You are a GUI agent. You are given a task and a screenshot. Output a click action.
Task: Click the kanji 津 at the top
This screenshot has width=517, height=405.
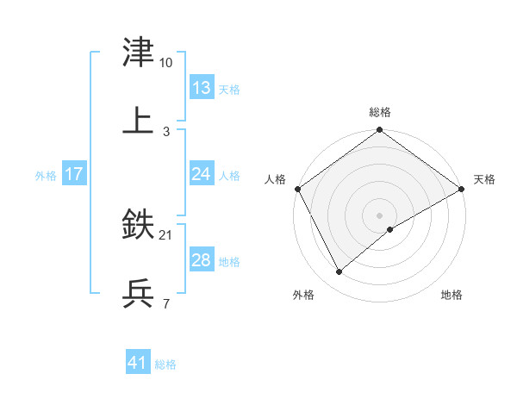(x=139, y=53)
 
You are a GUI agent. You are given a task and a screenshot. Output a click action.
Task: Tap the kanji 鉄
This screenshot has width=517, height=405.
(x=139, y=226)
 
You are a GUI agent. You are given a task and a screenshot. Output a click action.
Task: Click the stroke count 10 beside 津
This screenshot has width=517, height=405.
(x=166, y=63)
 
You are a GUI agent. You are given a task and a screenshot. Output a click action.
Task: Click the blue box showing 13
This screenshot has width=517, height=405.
(x=201, y=88)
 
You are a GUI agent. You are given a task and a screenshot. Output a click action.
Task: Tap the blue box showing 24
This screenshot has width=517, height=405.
(x=201, y=174)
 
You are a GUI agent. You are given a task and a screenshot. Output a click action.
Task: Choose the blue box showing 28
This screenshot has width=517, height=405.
(x=201, y=260)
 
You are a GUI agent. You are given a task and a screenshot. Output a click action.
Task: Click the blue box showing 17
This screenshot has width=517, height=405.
(x=73, y=174)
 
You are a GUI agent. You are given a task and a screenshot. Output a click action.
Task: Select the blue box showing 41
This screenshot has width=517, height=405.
(x=138, y=364)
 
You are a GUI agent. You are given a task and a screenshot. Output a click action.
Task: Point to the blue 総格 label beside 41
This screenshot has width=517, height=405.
(x=165, y=364)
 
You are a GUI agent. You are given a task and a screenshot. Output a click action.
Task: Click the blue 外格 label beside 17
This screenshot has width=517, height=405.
(x=46, y=175)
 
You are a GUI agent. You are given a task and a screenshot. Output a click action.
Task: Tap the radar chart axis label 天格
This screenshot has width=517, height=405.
(x=484, y=179)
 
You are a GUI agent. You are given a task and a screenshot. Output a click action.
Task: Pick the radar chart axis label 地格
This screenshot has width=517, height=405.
(x=452, y=296)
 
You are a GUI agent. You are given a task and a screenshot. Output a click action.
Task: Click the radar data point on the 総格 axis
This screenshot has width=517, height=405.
(x=380, y=131)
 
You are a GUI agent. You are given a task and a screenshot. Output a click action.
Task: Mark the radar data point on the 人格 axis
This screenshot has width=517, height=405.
(x=297, y=189)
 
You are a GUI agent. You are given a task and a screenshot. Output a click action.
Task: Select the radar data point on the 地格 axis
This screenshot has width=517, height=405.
(x=390, y=229)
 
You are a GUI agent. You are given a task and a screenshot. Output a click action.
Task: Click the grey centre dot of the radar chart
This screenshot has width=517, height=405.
(x=380, y=215)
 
